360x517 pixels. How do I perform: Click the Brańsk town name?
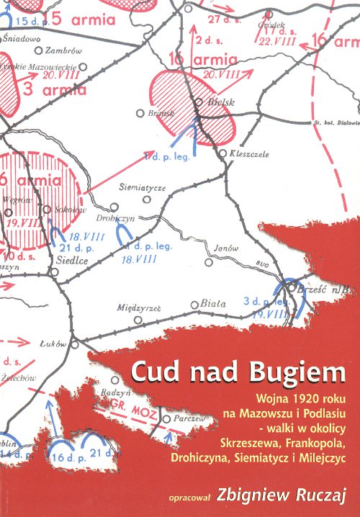tap(156, 113)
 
